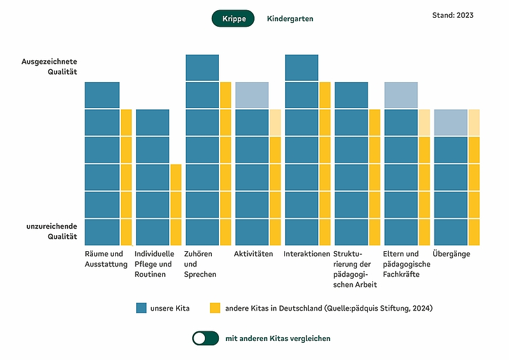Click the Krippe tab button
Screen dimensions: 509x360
tap(233, 18)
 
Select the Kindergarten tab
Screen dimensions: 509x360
tap(290, 19)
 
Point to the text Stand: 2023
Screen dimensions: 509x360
tap(452, 15)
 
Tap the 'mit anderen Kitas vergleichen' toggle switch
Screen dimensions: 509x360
tap(206, 338)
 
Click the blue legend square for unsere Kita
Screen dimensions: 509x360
tap(141, 308)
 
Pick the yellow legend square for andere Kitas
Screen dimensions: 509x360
tap(215, 308)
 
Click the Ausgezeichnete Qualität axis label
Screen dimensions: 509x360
tap(50, 67)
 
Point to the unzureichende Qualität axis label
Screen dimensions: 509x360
tap(52, 231)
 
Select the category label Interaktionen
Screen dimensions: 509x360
tap(307, 254)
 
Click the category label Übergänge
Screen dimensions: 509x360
tap(451, 254)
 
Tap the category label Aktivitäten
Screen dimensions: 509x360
tap(253, 254)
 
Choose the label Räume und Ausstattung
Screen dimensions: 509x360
tap(106, 259)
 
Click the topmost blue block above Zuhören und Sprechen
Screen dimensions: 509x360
tap(202, 67)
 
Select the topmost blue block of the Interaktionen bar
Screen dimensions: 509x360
tap(302, 67)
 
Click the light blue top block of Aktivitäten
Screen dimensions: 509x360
tap(252, 95)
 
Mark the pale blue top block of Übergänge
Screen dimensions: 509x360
tap(450, 122)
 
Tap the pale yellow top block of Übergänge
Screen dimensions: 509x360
tap(474, 122)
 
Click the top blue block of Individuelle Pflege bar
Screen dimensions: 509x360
tap(153, 122)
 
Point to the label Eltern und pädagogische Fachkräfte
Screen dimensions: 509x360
tap(407, 264)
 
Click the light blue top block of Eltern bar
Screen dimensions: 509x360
tap(401, 95)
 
